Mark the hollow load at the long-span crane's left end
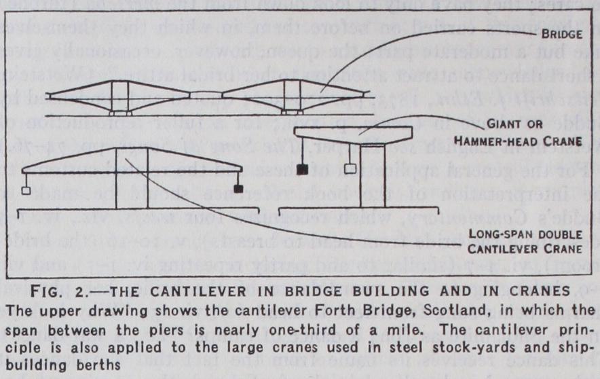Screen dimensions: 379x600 pyautogui.click(x=25, y=191)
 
